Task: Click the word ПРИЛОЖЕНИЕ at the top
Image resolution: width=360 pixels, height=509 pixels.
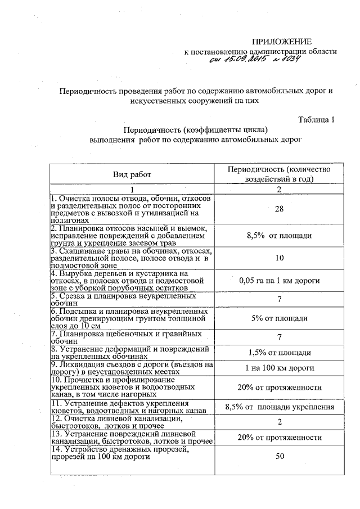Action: [281, 42]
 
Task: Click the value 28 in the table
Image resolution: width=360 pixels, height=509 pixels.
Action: [279, 209]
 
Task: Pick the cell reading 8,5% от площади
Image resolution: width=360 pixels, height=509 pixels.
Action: [279, 236]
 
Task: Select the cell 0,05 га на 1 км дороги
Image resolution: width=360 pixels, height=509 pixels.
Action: [279, 280]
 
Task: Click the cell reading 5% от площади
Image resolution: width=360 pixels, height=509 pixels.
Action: [279, 318]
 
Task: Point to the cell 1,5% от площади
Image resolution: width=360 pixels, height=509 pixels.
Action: [279, 353]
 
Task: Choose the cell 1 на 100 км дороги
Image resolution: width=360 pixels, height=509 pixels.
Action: [279, 368]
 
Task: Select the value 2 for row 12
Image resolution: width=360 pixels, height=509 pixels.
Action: [279, 422]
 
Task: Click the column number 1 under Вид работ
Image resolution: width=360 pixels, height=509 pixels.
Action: [132, 189]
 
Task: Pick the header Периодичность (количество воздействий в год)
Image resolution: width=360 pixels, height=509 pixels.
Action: [279, 174]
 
